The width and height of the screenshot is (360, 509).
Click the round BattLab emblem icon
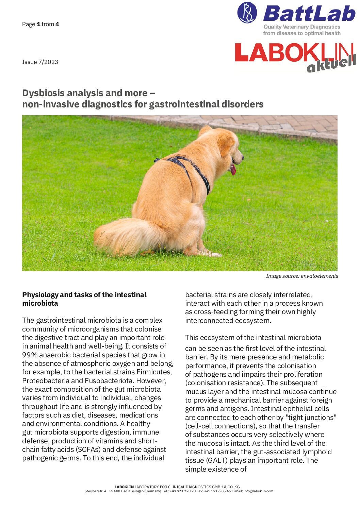(x=247, y=13)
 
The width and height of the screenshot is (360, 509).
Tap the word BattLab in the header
(x=309, y=14)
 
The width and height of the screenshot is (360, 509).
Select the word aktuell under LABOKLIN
(x=331, y=64)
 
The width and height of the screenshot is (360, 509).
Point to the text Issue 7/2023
(x=40, y=62)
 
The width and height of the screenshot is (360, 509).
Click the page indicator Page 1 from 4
(x=40, y=24)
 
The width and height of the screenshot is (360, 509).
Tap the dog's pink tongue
(x=233, y=169)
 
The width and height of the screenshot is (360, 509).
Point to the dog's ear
(x=225, y=145)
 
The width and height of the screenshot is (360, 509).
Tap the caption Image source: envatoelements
(x=302, y=276)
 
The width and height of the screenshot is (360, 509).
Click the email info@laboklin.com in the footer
(x=258, y=491)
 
